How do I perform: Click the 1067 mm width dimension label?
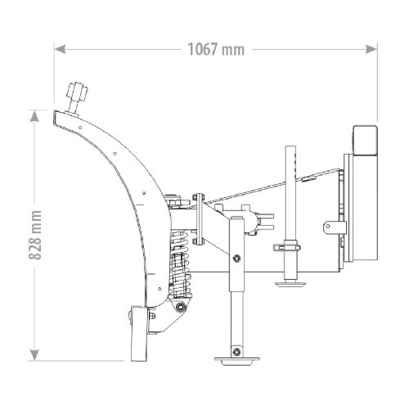click(x=216, y=49)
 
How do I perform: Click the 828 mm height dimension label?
click(x=35, y=235)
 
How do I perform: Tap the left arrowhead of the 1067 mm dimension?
click(x=60, y=49)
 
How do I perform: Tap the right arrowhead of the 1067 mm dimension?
click(x=371, y=49)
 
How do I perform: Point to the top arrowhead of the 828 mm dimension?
click(x=34, y=116)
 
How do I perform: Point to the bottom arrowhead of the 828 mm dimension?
click(x=34, y=355)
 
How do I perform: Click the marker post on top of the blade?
click(x=77, y=99)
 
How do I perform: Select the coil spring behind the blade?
click(x=179, y=263)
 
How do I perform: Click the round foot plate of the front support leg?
click(x=236, y=361)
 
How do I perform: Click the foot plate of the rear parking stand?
click(x=290, y=285)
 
